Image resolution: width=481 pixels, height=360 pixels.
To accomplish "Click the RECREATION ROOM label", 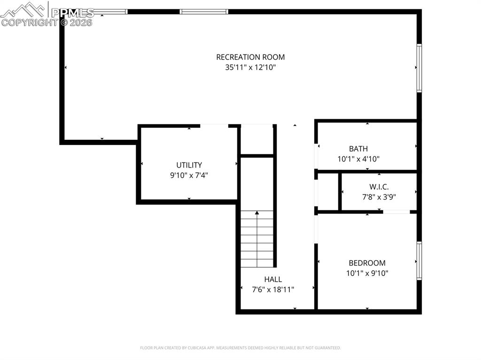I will (x=250, y=57).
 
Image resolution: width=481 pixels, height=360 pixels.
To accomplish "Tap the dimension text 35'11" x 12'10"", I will (x=250, y=68).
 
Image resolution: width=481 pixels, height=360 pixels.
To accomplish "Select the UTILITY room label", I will (x=189, y=165).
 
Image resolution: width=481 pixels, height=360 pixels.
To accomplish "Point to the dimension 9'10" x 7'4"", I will (x=189, y=175).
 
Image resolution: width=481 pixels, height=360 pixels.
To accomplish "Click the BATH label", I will (x=358, y=149).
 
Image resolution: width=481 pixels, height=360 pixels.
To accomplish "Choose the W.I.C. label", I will (x=379, y=187).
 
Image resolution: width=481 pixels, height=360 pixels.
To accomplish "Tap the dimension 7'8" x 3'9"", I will (x=379, y=197).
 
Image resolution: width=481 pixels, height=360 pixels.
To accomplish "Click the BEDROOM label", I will (x=367, y=263).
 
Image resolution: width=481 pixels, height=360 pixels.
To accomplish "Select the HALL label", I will (x=273, y=280).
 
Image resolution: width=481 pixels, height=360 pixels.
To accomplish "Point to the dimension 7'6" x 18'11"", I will (x=273, y=290).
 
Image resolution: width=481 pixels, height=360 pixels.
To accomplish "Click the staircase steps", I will (x=257, y=239).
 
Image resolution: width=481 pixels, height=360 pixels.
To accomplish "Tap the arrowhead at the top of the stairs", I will (x=257, y=214).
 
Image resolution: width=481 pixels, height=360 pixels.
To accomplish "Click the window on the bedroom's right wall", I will (x=419, y=261).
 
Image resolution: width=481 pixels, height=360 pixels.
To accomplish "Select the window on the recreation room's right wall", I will (x=419, y=68).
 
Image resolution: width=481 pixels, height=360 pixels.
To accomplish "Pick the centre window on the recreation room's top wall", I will (x=204, y=11).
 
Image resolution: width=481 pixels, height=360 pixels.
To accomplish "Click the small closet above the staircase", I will (x=257, y=139).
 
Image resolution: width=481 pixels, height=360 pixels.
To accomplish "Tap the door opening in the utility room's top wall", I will (x=214, y=125).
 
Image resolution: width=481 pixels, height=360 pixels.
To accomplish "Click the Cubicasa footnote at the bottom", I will (x=240, y=348).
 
